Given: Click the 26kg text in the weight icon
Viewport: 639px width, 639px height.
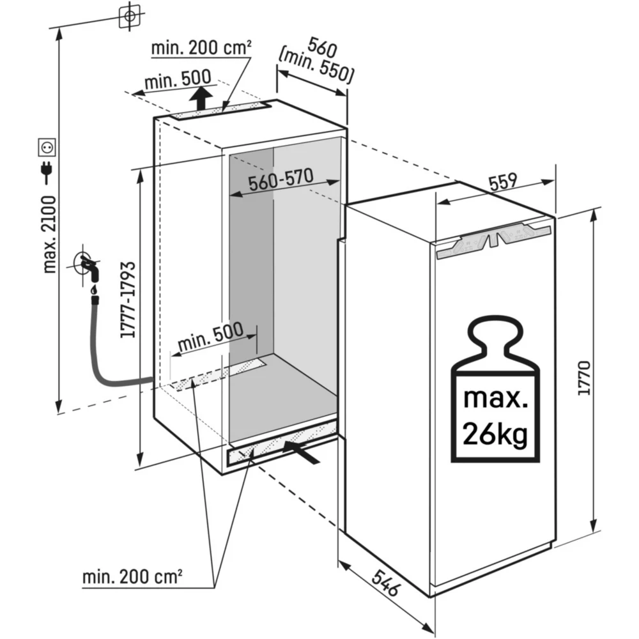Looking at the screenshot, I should [495, 435].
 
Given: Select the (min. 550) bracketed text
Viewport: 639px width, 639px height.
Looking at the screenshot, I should [317, 66].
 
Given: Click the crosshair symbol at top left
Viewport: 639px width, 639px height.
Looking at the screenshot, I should [129, 16].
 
